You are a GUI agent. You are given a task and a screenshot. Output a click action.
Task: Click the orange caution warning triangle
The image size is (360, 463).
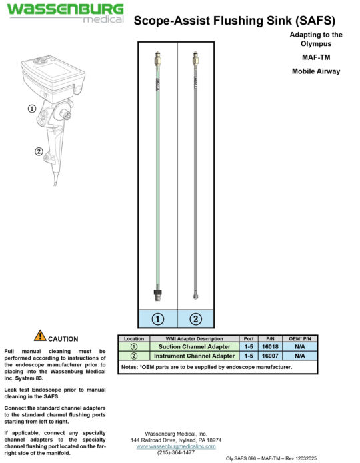[40, 336]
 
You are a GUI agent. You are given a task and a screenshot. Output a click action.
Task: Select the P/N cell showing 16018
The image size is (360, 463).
[270, 347]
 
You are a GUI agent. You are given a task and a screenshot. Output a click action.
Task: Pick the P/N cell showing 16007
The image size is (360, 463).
[270, 356]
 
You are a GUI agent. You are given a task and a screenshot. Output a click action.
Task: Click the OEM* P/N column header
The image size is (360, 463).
[298, 339]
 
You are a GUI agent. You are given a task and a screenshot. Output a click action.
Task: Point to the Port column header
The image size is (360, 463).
[249, 339]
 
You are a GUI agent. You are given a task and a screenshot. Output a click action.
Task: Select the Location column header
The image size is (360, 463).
[133, 339]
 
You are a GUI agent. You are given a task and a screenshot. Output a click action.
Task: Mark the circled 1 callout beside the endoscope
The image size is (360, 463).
[31, 108]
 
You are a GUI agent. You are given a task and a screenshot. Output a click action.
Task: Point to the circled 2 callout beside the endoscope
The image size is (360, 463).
[39, 151]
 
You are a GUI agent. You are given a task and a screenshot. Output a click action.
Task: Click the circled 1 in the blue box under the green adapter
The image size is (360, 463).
[158, 318]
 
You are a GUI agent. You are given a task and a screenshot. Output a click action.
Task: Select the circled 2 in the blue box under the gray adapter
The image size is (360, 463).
[195, 318]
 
